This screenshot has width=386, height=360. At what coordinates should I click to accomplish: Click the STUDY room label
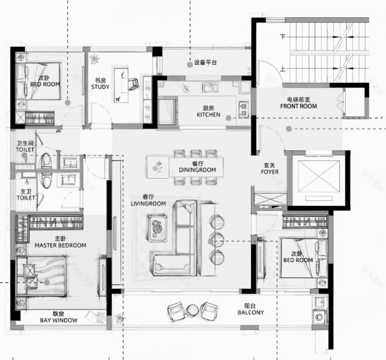click(x=100, y=87)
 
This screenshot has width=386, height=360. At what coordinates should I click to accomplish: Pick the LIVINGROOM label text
click(x=148, y=203)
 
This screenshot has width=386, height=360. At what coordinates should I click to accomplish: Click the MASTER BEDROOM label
click(x=60, y=245)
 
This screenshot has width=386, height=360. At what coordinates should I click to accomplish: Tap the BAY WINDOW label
click(x=60, y=321)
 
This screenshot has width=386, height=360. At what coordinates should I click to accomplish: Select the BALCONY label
click(x=250, y=313)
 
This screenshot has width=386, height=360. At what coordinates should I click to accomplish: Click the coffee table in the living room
click(x=157, y=227)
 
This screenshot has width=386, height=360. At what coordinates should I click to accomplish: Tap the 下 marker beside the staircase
click(x=283, y=37)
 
